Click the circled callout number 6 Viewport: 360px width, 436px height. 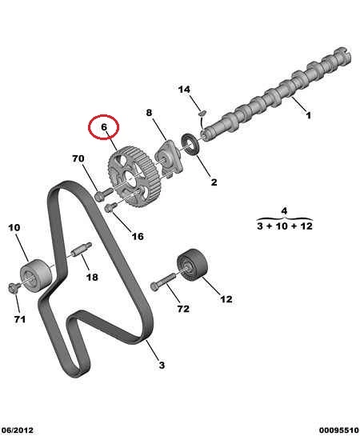[104, 126]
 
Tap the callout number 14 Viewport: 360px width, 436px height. [184, 90]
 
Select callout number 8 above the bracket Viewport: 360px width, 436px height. [150, 113]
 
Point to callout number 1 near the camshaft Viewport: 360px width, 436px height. [308, 115]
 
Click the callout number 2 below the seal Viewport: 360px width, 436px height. [214, 182]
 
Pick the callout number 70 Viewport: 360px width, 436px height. [78, 158]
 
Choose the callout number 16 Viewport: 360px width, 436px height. [138, 236]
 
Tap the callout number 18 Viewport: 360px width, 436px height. [92, 277]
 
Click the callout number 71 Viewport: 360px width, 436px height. [20, 319]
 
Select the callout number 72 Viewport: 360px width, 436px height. [183, 309]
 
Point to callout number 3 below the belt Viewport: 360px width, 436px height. [162, 365]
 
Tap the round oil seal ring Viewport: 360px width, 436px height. [190, 144]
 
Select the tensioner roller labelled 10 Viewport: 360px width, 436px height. [36, 275]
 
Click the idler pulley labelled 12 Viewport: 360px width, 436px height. [192, 266]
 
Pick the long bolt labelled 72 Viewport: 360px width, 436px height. [162, 282]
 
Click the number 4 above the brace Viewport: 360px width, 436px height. [284, 210]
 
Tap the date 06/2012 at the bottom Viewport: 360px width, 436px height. [18, 430]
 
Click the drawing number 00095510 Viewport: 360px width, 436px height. [339, 430]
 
